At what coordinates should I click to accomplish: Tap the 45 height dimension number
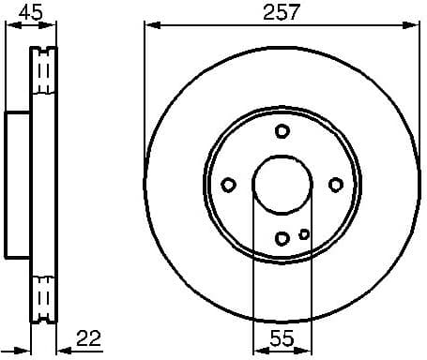point(31,12)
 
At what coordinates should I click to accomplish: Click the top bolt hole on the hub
point(282,133)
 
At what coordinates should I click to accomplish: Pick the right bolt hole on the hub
point(336,186)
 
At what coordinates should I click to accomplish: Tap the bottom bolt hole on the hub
point(282,238)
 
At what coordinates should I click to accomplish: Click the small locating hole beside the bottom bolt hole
point(303,234)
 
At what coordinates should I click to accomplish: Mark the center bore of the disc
point(282,186)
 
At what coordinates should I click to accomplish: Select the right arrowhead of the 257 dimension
point(414,26)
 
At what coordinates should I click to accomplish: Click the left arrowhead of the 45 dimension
point(10,26)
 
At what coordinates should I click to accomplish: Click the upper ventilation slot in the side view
point(43,71)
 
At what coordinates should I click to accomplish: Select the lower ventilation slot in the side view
point(43,298)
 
